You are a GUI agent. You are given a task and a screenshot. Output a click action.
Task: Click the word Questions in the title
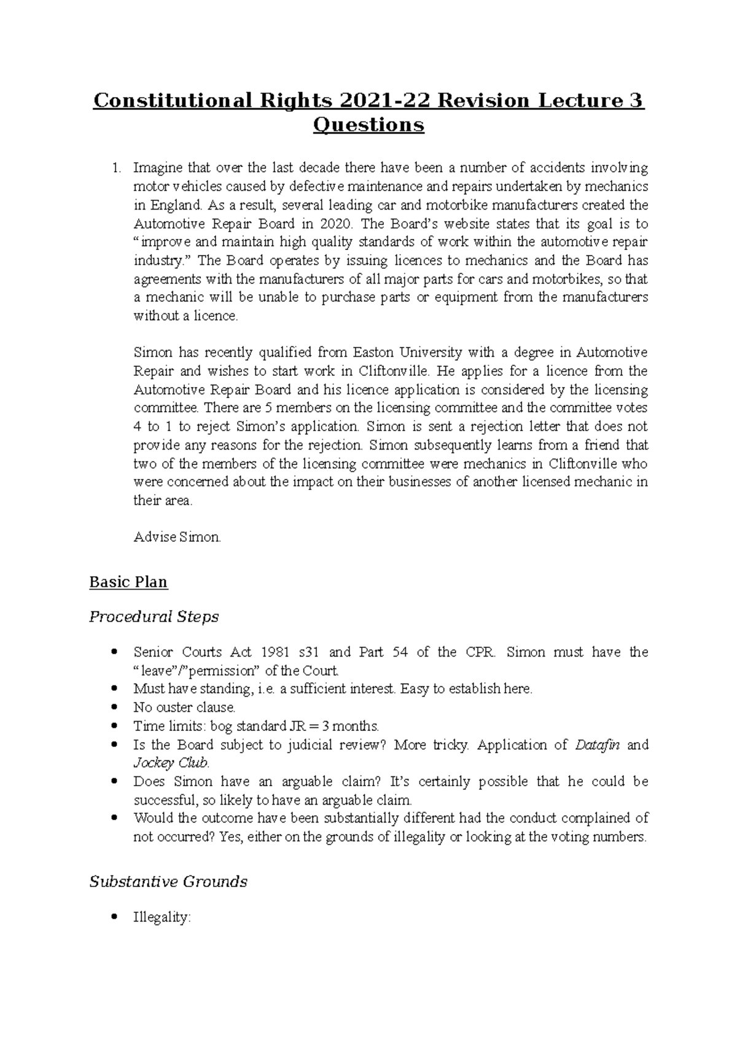[x=368, y=125]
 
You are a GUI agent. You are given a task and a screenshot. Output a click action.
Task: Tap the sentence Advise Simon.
[x=177, y=537]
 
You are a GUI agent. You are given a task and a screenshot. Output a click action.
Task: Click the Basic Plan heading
[x=128, y=582]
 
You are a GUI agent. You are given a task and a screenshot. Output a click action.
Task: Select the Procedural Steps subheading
[x=154, y=616]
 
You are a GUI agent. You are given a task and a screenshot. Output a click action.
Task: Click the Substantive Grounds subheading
[x=168, y=881]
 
